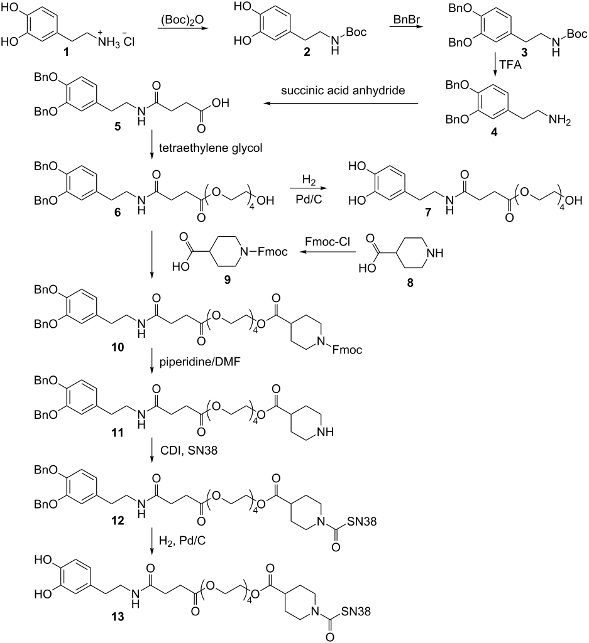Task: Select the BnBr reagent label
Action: coord(406,19)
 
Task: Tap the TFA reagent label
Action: coord(510,65)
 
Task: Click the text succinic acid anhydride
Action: coord(343,90)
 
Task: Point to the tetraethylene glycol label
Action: coord(211,148)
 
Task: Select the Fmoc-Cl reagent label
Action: coord(327,242)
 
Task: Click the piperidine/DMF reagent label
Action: coord(200,362)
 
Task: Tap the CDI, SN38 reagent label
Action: coord(189,450)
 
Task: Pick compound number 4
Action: coord(494,132)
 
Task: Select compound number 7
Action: coord(428,212)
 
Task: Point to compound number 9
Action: coord(227,279)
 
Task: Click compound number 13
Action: coord(118,617)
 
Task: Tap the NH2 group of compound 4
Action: coord(560,121)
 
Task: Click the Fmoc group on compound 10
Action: coord(347,350)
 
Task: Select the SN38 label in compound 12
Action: coord(361,521)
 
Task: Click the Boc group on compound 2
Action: coord(356,32)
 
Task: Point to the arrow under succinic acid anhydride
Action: coord(341,104)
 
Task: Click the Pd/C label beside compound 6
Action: coord(309,200)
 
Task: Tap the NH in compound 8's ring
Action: coord(435,253)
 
